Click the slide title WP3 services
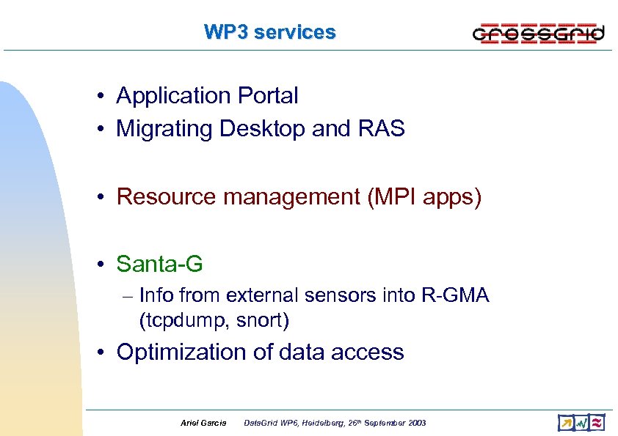click(x=269, y=32)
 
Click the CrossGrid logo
click(x=538, y=33)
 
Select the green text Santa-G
click(x=159, y=263)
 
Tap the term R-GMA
click(x=455, y=295)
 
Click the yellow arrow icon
click(x=566, y=423)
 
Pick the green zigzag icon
click(x=581, y=423)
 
